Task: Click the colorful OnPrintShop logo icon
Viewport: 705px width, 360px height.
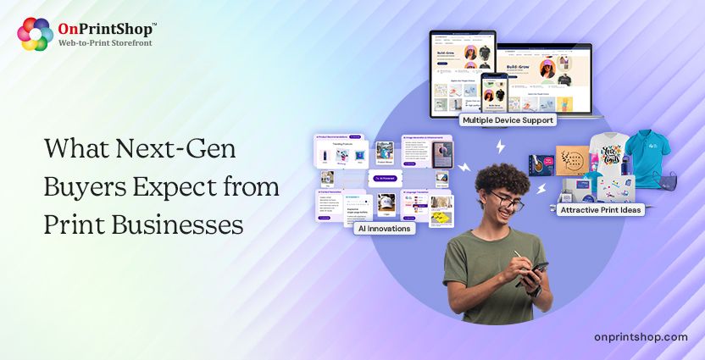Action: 35,34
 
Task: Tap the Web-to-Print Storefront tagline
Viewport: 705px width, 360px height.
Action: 105,43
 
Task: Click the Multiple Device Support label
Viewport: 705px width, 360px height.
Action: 508,120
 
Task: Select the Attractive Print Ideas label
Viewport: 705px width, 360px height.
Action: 600,208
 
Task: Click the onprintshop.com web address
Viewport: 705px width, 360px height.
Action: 641,337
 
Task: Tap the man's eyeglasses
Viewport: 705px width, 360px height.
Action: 505,203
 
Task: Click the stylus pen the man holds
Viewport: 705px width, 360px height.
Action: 519,258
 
